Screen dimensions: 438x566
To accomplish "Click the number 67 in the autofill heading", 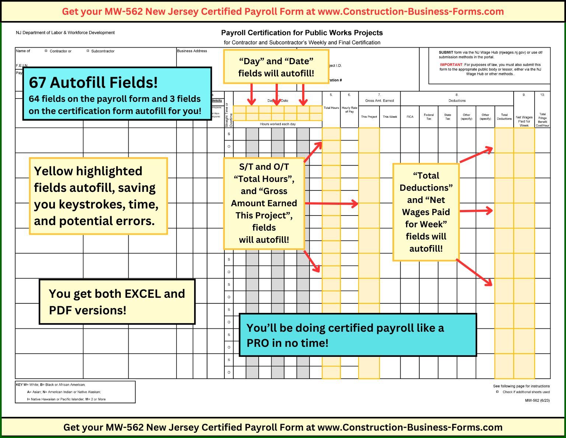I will click(x=38, y=83).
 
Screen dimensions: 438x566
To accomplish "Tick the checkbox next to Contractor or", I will click(x=46, y=51).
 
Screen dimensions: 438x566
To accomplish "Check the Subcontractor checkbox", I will click(x=88, y=51).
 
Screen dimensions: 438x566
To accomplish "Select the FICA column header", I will click(x=410, y=117).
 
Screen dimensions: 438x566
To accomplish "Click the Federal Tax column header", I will click(x=429, y=117).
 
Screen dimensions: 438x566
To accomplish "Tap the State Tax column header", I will click(x=447, y=117).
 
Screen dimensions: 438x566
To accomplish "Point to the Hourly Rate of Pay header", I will click(x=349, y=110).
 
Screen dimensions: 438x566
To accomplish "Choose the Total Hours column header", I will click(x=331, y=108).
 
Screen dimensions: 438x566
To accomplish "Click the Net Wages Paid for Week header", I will click(x=524, y=121).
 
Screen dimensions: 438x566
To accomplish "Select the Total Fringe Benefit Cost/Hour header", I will click(x=542, y=120).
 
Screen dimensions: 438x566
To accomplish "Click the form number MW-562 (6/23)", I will click(x=537, y=400).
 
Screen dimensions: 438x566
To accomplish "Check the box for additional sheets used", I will click(x=497, y=392).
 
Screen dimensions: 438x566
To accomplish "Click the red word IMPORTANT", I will click(x=451, y=65).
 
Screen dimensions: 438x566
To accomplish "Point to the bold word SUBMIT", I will click(x=446, y=52).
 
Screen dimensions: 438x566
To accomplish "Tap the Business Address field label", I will click(x=192, y=51).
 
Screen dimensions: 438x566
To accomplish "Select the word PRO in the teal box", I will click(x=258, y=343).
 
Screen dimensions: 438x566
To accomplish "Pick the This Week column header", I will click(x=389, y=117).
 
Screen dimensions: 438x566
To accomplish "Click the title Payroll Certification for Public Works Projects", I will click(x=302, y=33).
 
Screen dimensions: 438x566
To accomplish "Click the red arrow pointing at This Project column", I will click(x=332, y=203).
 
